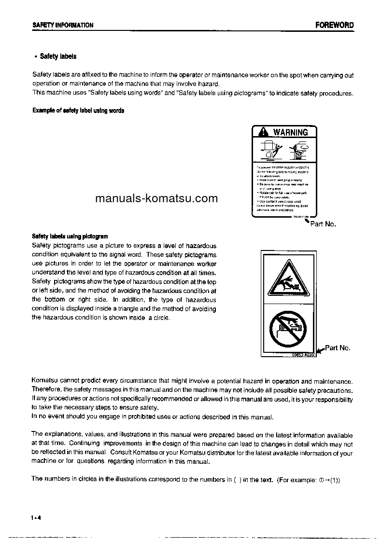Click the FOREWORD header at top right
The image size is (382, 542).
(x=334, y=25)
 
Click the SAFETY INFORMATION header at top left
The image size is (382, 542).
(x=62, y=25)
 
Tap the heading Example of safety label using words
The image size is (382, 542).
(x=78, y=111)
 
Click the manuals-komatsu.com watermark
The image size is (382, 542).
(x=156, y=198)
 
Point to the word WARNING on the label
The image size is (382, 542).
(x=290, y=132)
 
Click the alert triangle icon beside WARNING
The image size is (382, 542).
(x=262, y=132)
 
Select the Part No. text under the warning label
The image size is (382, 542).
(x=323, y=224)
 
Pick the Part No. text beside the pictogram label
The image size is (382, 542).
(x=338, y=347)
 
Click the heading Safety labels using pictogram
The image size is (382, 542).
(x=70, y=236)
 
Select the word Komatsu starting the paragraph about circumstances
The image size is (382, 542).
(x=45, y=381)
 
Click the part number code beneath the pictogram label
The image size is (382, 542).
(x=303, y=355)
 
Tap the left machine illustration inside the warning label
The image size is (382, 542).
(x=269, y=151)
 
